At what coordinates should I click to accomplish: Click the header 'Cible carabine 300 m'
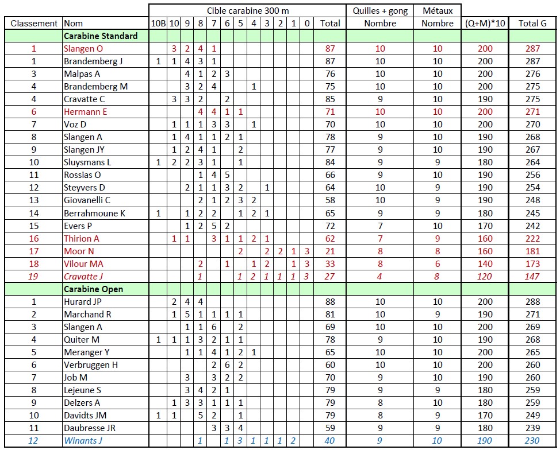pos(247,10)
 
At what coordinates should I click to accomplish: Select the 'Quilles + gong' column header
pos(380,10)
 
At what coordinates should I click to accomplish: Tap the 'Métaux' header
pos(438,10)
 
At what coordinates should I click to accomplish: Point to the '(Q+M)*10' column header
pos(485,24)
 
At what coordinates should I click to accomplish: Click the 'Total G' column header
pos(532,24)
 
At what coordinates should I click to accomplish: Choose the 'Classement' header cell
pos(34,24)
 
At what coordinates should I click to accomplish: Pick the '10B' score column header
pos(158,24)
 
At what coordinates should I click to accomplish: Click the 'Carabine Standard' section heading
pos(101,36)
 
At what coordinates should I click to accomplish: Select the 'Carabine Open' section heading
pos(93,289)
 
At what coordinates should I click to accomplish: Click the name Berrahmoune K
pos(94,214)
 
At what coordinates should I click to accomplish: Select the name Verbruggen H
pos(91,365)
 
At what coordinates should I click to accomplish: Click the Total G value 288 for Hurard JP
pos(532,302)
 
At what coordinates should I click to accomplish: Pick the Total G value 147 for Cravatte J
pos(532,277)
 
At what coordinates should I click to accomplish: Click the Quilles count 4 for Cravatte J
pos(380,277)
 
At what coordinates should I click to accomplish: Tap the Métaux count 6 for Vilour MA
pos(438,264)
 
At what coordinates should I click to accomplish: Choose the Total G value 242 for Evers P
pos(532,226)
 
